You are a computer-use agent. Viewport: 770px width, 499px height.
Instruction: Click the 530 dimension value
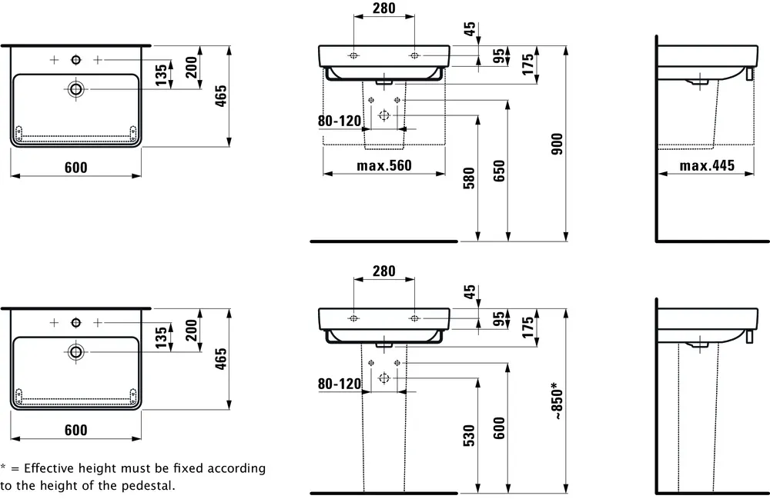tap(470, 435)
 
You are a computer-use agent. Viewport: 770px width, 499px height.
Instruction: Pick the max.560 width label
tap(383, 166)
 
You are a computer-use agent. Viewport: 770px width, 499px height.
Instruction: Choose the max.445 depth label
tap(707, 166)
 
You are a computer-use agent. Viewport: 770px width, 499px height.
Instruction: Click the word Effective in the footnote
tap(49, 467)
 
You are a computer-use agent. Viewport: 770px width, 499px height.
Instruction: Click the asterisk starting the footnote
tap(3, 467)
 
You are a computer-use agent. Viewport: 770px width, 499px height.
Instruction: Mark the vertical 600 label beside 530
tap(499, 427)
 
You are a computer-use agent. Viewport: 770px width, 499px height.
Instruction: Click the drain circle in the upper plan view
tap(75, 89)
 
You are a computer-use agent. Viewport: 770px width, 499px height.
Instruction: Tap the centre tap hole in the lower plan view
tap(75, 321)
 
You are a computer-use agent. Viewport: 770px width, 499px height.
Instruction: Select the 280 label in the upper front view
tap(383, 9)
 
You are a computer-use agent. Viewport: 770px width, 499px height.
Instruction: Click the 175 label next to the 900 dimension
tap(528, 62)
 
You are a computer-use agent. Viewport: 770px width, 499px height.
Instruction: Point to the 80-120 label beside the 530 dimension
tap(340, 383)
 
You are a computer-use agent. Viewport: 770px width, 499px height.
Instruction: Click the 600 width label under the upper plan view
tap(75, 168)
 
